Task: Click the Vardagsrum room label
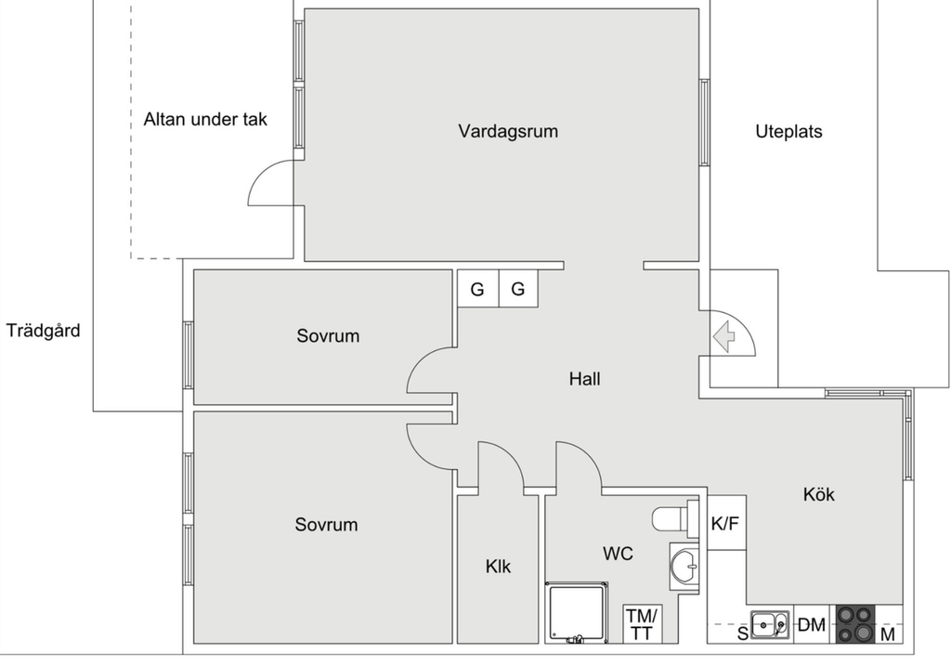pyautogui.click(x=508, y=131)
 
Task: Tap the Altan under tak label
pyautogui.click(x=205, y=119)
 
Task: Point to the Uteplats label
pyautogui.click(x=788, y=131)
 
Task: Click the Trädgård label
pyautogui.click(x=43, y=330)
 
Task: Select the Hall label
pyautogui.click(x=585, y=379)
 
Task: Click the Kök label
pyautogui.click(x=818, y=494)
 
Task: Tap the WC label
pyautogui.click(x=618, y=554)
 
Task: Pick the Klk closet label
pyautogui.click(x=498, y=566)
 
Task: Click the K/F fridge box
pyautogui.click(x=726, y=523)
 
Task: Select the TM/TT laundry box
pyautogui.click(x=641, y=624)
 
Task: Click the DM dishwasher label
pyautogui.click(x=812, y=625)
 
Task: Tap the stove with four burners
pyautogui.click(x=855, y=624)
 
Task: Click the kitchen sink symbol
pyautogui.click(x=769, y=625)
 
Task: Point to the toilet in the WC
pyautogui.click(x=675, y=517)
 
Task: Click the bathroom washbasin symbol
pyautogui.click(x=684, y=563)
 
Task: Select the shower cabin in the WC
pyautogui.click(x=577, y=612)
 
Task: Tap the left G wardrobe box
pyautogui.click(x=477, y=289)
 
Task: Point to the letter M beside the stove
pyautogui.click(x=888, y=634)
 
